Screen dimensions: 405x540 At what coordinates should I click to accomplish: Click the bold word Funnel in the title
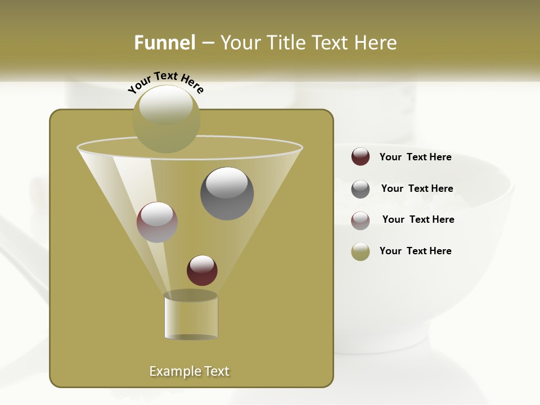[165, 43]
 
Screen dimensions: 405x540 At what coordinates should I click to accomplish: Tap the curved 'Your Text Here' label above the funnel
[166, 82]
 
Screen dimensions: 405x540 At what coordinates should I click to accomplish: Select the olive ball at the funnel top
[166, 119]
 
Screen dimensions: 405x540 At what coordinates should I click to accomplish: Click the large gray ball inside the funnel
[227, 193]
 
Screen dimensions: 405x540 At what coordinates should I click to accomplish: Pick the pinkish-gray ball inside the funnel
[157, 222]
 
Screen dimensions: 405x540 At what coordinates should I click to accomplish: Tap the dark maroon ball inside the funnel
[202, 270]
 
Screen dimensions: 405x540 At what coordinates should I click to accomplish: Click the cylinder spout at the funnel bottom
[191, 316]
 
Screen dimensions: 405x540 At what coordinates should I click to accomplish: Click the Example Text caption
[190, 371]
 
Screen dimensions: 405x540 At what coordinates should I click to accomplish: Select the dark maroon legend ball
[361, 157]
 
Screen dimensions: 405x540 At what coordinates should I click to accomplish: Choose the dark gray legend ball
[361, 189]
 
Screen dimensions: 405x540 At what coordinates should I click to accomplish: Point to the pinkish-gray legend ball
[361, 220]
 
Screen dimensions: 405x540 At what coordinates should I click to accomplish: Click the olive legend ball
[361, 251]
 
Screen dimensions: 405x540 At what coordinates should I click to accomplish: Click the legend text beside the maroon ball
[415, 157]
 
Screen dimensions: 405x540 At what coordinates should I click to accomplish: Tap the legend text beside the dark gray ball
[417, 189]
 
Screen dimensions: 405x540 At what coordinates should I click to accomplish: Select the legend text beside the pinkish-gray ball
[418, 220]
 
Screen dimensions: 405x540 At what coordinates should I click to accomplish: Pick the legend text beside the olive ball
[415, 251]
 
